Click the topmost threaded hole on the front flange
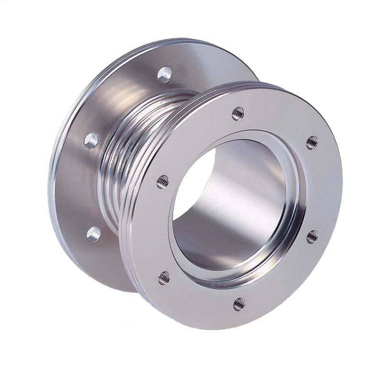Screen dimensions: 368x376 238,114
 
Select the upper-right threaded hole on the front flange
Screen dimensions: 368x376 312,142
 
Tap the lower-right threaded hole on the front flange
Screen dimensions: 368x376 312,236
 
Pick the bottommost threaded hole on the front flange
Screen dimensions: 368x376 239,304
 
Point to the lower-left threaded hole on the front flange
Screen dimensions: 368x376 164,277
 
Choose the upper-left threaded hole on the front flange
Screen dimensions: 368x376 163,182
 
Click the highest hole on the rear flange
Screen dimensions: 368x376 165,74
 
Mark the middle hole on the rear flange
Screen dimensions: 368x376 91,140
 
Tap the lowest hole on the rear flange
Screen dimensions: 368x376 94,234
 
